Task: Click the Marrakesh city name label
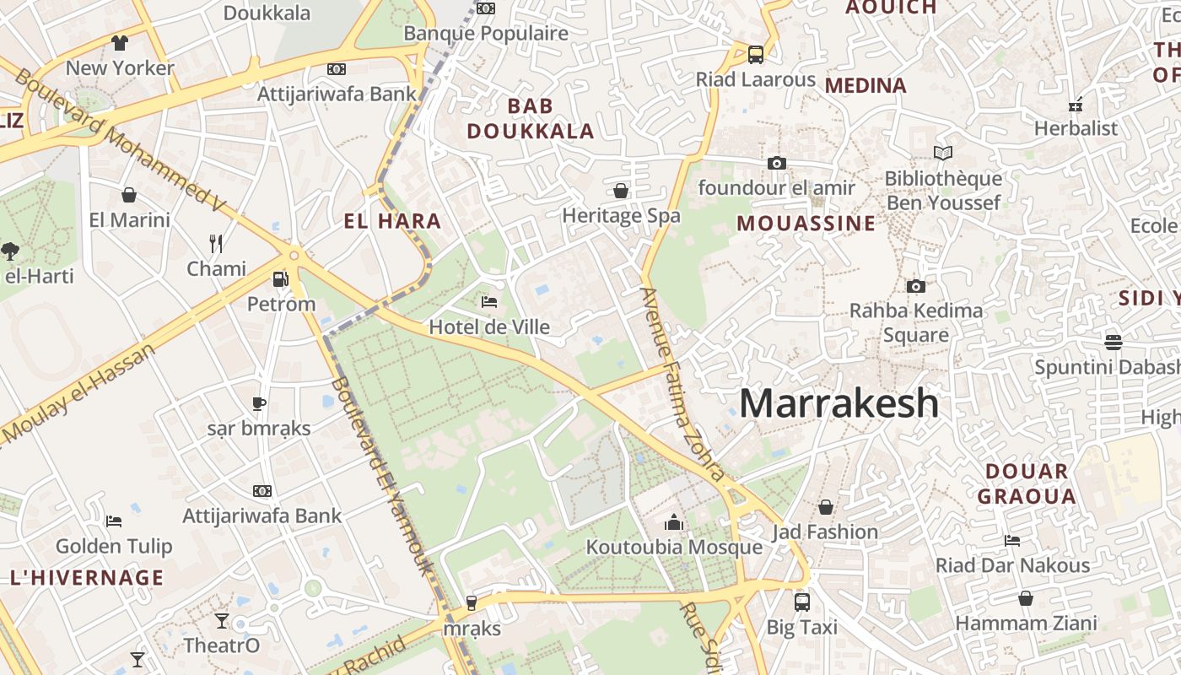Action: point(839,403)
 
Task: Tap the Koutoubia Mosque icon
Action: point(673,523)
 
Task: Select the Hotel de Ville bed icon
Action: point(488,301)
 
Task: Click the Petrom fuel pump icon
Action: point(280,278)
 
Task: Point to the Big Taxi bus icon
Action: point(801,602)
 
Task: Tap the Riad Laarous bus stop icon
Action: point(755,55)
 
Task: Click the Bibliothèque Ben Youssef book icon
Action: point(942,154)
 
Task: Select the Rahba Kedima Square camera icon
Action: point(915,286)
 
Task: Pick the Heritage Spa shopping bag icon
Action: point(621,191)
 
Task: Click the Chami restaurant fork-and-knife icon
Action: point(216,244)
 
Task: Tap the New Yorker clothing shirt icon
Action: point(119,43)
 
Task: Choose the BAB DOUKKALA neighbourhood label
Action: point(531,118)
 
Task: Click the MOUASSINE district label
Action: point(806,224)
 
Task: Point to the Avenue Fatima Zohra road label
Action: point(681,384)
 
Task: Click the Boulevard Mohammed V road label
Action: point(118,139)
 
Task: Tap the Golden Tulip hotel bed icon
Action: point(114,521)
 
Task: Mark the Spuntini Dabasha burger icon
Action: point(1113,342)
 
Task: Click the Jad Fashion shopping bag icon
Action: point(825,507)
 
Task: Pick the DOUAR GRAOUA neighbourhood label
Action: point(1027,483)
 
